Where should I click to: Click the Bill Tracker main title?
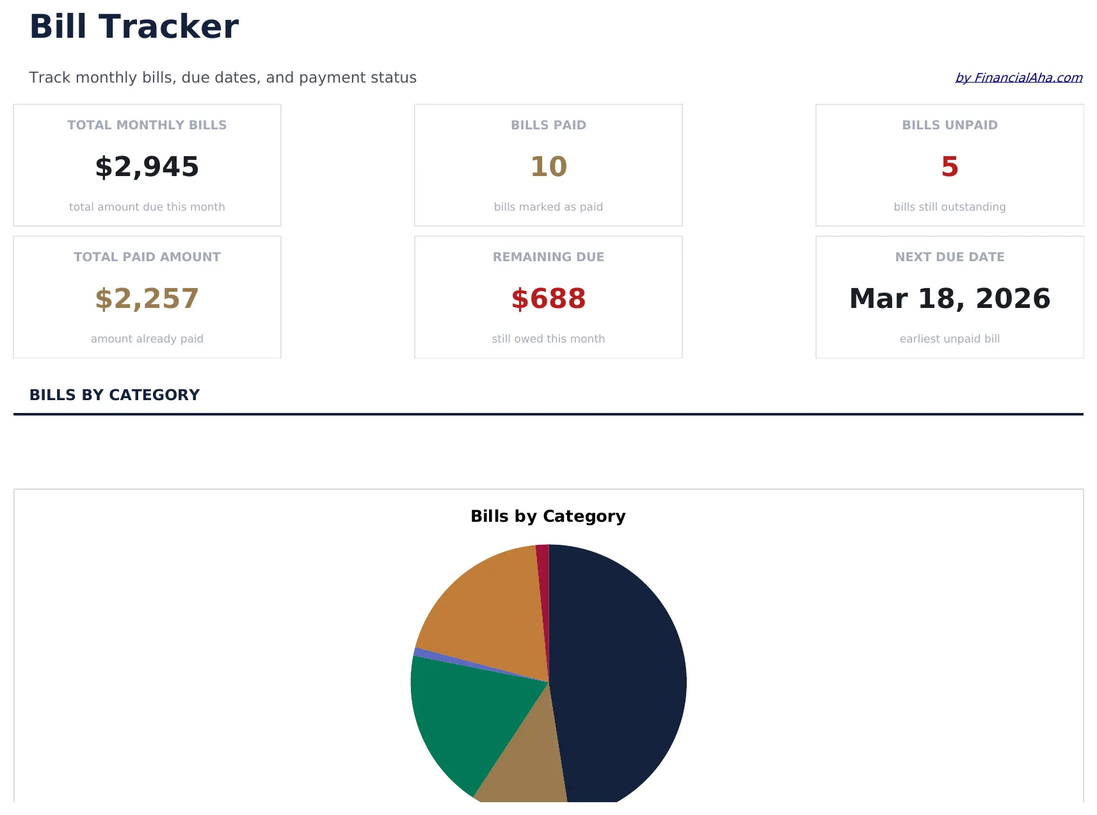134,27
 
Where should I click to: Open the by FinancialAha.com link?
1018,77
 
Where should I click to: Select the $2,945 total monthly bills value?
147,167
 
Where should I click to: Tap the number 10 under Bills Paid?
548,167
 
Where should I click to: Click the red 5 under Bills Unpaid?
949,167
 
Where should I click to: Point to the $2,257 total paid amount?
147,299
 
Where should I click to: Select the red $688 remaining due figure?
548,299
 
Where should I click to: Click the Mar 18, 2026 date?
949,299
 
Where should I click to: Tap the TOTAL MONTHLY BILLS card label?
147,125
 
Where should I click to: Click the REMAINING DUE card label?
548,257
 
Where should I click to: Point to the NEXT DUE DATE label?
949,257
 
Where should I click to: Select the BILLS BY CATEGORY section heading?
115,395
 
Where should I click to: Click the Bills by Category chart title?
548,517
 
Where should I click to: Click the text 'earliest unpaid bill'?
949,339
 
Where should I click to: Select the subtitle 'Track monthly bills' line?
223,77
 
